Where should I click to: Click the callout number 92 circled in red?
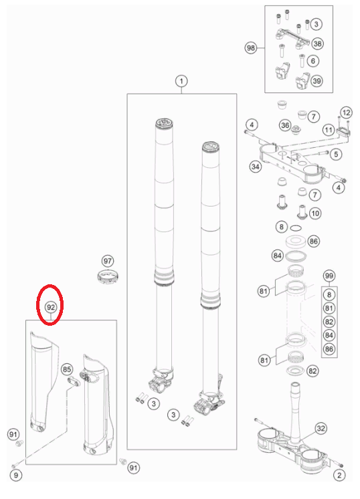(x=51, y=307)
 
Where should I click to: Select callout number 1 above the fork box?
(x=181, y=81)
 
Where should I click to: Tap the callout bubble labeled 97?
(x=108, y=261)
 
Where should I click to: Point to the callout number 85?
(x=67, y=369)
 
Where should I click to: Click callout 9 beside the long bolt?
(x=16, y=475)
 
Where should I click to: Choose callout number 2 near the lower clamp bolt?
(x=339, y=475)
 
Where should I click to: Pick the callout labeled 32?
(x=321, y=428)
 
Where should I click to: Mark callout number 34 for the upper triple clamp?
(x=256, y=166)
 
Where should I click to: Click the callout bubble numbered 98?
(x=251, y=47)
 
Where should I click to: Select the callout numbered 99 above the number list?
(x=329, y=276)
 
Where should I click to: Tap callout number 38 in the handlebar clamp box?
(x=317, y=43)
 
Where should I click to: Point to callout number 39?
(x=317, y=81)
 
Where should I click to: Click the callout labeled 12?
(x=347, y=112)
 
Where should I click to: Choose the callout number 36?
(x=285, y=125)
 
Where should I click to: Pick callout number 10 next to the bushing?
(x=315, y=213)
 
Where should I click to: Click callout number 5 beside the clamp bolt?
(x=336, y=155)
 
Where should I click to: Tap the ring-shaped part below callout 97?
(x=108, y=276)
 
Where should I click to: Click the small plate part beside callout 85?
(x=74, y=381)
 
